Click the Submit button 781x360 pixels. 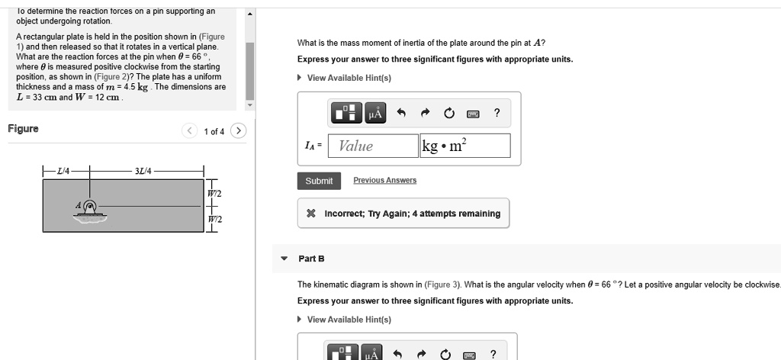[319, 181]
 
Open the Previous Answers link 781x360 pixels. [384, 180]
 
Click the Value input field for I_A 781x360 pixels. [372, 146]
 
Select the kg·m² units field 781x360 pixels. [464, 146]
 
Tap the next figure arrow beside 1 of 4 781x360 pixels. [239, 131]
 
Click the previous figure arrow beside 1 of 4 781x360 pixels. [189, 131]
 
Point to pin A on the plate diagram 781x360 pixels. [90, 205]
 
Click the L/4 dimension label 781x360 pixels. [63, 171]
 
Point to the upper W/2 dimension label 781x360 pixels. [214, 194]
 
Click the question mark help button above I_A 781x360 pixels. [497, 114]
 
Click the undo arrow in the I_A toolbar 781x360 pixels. [400, 114]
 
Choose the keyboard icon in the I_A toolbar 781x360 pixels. [473, 114]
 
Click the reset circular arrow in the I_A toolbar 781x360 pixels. [448, 114]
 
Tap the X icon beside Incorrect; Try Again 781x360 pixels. [310, 214]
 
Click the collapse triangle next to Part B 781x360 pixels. [284, 259]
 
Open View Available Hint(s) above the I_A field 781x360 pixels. [349, 78]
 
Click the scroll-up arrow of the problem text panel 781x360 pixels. [250, 14]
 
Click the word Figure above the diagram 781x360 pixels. [23, 129]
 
